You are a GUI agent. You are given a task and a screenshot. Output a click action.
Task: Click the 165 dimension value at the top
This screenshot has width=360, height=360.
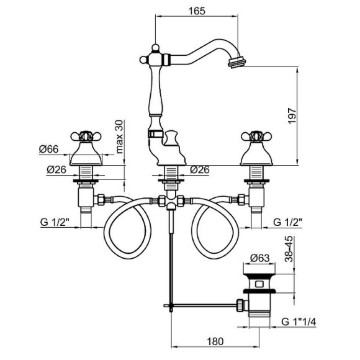[x=197, y=11]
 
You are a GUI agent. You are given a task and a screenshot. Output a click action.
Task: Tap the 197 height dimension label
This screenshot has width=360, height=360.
[x=292, y=116]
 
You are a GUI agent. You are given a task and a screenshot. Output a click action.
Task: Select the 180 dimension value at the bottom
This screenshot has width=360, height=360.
[x=215, y=341]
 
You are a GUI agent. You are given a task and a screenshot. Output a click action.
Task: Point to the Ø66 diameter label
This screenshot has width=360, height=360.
[x=49, y=149]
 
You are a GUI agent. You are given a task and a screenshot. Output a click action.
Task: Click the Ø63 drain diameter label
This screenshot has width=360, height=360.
[x=259, y=258]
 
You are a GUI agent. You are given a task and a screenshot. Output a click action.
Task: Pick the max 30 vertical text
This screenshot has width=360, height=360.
[x=120, y=137]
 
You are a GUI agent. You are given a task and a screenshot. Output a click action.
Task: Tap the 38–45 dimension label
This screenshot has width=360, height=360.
[x=289, y=249]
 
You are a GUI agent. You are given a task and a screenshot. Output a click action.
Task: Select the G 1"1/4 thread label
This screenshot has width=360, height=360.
[x=299, y=322]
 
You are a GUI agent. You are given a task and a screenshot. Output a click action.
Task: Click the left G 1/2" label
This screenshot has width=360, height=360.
[x=55, y=222]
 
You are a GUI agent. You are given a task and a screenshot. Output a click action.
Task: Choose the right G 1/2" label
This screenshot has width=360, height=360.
[x=287, y=222]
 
